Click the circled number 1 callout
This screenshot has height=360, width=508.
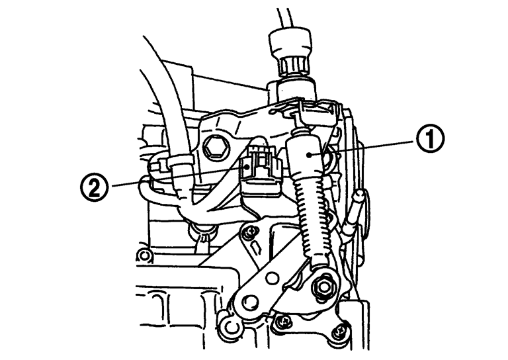[430, 138]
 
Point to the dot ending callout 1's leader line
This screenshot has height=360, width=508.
[310, 156]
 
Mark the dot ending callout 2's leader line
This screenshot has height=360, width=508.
[247, 167]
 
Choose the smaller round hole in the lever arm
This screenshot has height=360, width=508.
[272, 277]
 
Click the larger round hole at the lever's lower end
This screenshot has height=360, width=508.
[250, 301]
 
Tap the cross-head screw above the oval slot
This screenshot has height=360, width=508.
[250, 232]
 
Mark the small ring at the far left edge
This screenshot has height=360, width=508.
[144, 255]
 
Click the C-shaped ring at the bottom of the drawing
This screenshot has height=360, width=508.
[231, 329]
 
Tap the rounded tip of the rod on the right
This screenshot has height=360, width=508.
[360, 194]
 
